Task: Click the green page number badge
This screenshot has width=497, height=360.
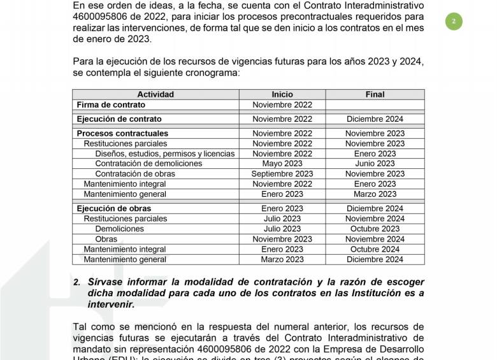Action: [x=454, y=21]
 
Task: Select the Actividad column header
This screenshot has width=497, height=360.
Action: [x=155, y=94]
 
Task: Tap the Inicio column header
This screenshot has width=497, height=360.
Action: [x=282, y=94]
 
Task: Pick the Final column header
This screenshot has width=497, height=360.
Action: [x=375, y=94]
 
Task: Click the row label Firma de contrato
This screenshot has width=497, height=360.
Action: [x=111, y=104]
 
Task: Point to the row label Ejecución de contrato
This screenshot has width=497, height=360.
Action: [x=119, y=119]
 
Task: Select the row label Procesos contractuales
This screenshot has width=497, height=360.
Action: [x=122, y=134]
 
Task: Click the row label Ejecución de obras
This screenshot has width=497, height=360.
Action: [x=114, y=208]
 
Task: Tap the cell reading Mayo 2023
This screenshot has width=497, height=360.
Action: [x=282, y=164]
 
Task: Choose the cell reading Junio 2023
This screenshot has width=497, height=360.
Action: [x=375, y=164]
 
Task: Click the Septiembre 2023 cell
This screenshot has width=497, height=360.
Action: [x=282, y=174]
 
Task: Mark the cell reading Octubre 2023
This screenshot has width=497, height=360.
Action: [x=375, y=229]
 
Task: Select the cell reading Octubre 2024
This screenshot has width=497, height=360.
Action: [x=375, y=249]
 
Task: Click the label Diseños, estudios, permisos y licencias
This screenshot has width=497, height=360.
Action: [x=165, y=154]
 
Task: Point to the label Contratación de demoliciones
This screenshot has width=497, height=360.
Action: [x=148, y=164]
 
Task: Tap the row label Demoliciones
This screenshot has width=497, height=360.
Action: [x=120, y=229]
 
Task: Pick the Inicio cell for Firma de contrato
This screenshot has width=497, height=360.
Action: [x=282, y=104]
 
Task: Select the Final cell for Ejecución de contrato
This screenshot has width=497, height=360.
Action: [x=375, y=119]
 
